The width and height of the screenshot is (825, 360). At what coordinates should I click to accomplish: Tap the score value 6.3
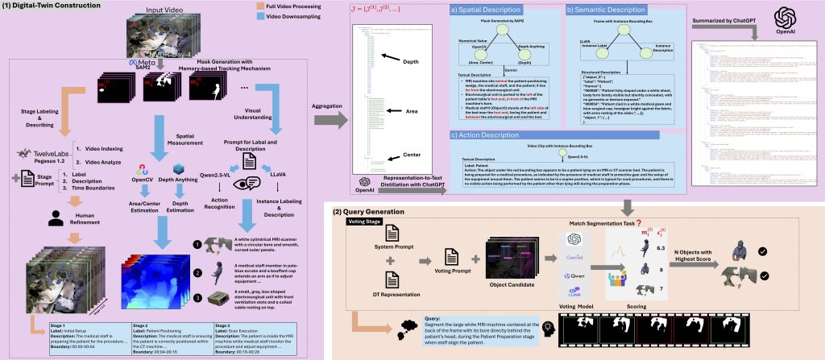[x=659, y=249]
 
